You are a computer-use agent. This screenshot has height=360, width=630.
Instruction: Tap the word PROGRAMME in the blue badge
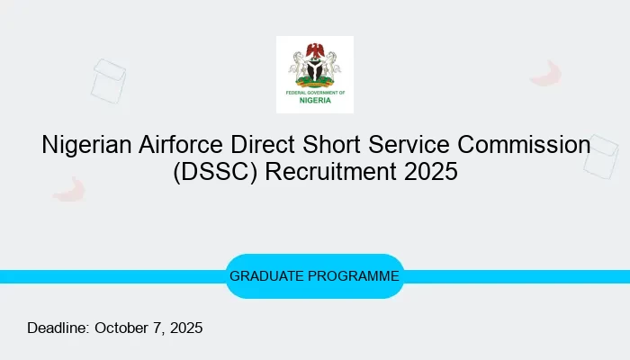click(356, 276)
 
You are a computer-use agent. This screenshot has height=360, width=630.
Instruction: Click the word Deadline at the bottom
click(58, 328)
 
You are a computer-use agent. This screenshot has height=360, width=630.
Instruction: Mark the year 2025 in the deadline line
click(184, 328)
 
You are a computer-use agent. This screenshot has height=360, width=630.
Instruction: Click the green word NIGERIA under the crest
click(315, 100)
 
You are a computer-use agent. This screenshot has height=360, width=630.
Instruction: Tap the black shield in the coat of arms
click(315, 69)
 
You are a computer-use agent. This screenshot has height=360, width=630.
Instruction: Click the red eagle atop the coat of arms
click(315, 48)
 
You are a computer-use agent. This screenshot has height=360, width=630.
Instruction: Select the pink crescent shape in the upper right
click(546, 74)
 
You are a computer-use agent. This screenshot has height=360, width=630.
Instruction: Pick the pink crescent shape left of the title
click(69, 188)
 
